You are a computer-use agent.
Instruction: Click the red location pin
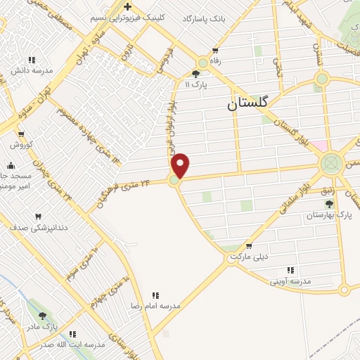(x=181, y=166)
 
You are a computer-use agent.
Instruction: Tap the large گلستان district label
(x=247, y=103)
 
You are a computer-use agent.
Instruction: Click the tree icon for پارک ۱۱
(x=195, y=73)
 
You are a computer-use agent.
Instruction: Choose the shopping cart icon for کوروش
(x=21, y=134)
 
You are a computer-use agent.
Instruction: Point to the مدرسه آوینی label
(x=291, y=281)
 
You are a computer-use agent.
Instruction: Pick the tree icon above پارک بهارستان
(x=328, y=203)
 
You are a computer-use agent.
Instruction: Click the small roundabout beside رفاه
(x=203, y=63)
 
